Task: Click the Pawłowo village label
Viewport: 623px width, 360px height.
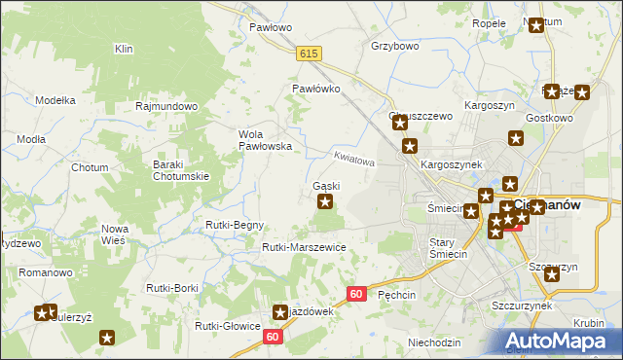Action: [271, 28]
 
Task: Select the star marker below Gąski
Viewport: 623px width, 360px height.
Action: [325, 202]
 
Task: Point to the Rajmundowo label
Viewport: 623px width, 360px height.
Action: [167, 106]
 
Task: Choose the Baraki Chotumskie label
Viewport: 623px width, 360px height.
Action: [182, 170]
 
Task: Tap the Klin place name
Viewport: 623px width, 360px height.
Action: [124, 49]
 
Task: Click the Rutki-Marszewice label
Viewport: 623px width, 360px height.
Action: [304, 247]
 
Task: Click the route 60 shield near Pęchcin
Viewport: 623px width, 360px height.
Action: [356, 294]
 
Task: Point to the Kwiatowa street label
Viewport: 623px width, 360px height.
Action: [353, 158]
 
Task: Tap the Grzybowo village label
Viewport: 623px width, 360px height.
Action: [394, 46]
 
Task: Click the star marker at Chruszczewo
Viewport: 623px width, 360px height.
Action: [398, 124]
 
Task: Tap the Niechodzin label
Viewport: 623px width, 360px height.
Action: [434, 342]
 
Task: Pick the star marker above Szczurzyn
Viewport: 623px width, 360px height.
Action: [553, 274]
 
